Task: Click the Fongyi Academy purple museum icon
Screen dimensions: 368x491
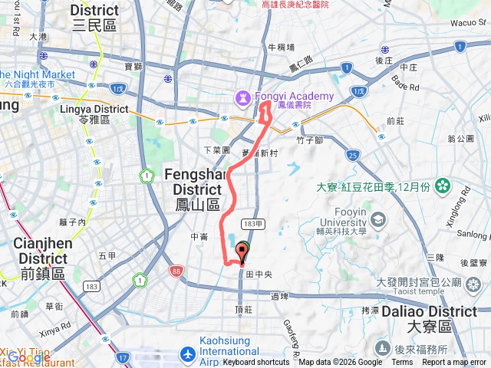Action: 243,97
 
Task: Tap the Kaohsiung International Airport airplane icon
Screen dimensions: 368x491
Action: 187,354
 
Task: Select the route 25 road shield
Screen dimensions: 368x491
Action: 352,156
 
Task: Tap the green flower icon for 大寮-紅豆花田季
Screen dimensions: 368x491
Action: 443,186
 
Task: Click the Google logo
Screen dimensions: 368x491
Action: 28,357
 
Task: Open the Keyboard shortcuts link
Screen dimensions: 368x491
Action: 256,363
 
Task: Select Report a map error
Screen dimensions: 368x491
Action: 455,363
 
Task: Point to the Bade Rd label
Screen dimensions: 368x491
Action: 404,83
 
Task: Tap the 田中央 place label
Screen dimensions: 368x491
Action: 259,273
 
